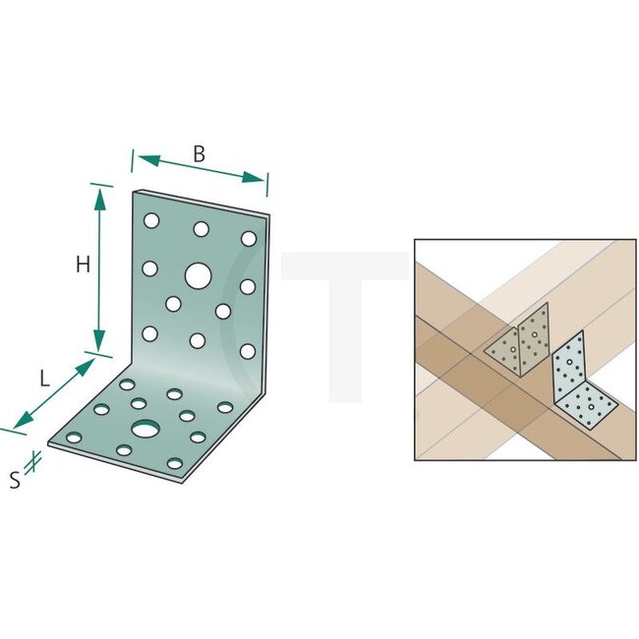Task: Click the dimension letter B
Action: point(199,154)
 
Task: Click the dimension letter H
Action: point(84,264)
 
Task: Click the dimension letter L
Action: point(44,379)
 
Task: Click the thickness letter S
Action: point(15,480)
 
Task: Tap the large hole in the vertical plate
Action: point(198,276)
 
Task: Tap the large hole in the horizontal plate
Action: point(145,429)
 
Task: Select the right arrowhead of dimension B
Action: point(253,177)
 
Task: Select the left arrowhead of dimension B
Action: point(148,160)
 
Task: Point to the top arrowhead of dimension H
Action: point(100,200)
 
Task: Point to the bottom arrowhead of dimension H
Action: point(99,340)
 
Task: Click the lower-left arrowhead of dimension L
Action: point(24,419)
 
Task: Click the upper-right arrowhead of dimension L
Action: point(86,368)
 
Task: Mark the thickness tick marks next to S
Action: point(33,463)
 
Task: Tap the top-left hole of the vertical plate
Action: point(151,220)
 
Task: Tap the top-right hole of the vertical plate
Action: point(249,239)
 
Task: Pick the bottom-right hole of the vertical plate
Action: point(248,351)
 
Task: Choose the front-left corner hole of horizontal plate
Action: point(74,438)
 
